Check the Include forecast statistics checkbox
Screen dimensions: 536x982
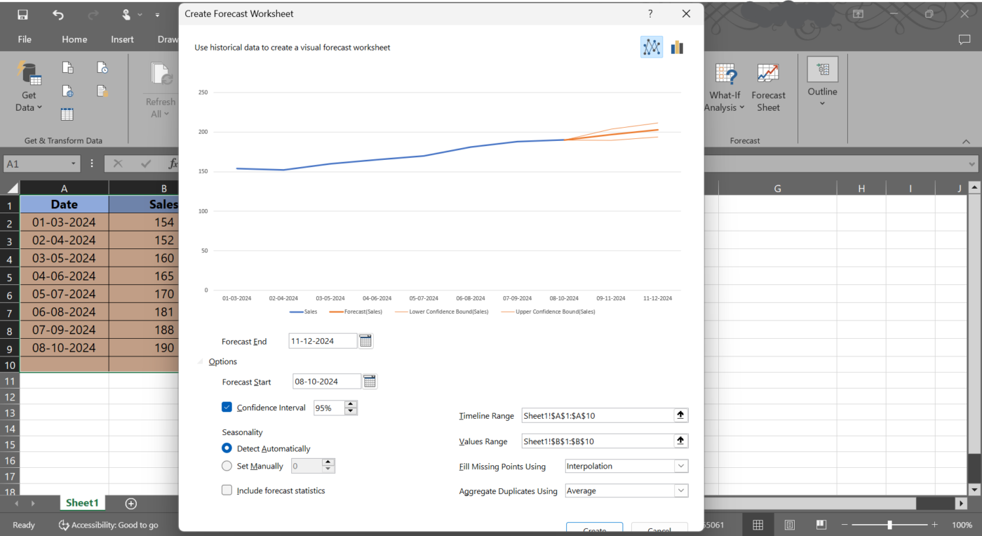(x=227, y=490)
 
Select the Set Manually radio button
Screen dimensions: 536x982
(x=227, y=466)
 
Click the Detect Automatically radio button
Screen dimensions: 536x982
(x=227, y=448)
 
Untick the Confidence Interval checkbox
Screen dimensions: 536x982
(x=227, y=407)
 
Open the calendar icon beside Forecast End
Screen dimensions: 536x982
(x=365, y=341)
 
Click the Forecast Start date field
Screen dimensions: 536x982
(x=326, y=382)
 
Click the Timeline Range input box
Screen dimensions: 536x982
(x=597, y=416)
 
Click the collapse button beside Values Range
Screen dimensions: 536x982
(x=680, y=441)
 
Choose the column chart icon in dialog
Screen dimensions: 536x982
(x=677, y=48)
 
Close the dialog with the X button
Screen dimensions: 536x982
(x=686, y=14)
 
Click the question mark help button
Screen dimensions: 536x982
(x=650, y=14)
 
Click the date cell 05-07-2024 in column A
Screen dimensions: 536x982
(x=64, y=294)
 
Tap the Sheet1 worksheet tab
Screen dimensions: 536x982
(x=82, y=503)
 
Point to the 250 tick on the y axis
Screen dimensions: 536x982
(x=203, y=93)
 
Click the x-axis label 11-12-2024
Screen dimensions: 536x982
(x=657, y=298)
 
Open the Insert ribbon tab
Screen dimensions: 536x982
(x=122, y=39)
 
